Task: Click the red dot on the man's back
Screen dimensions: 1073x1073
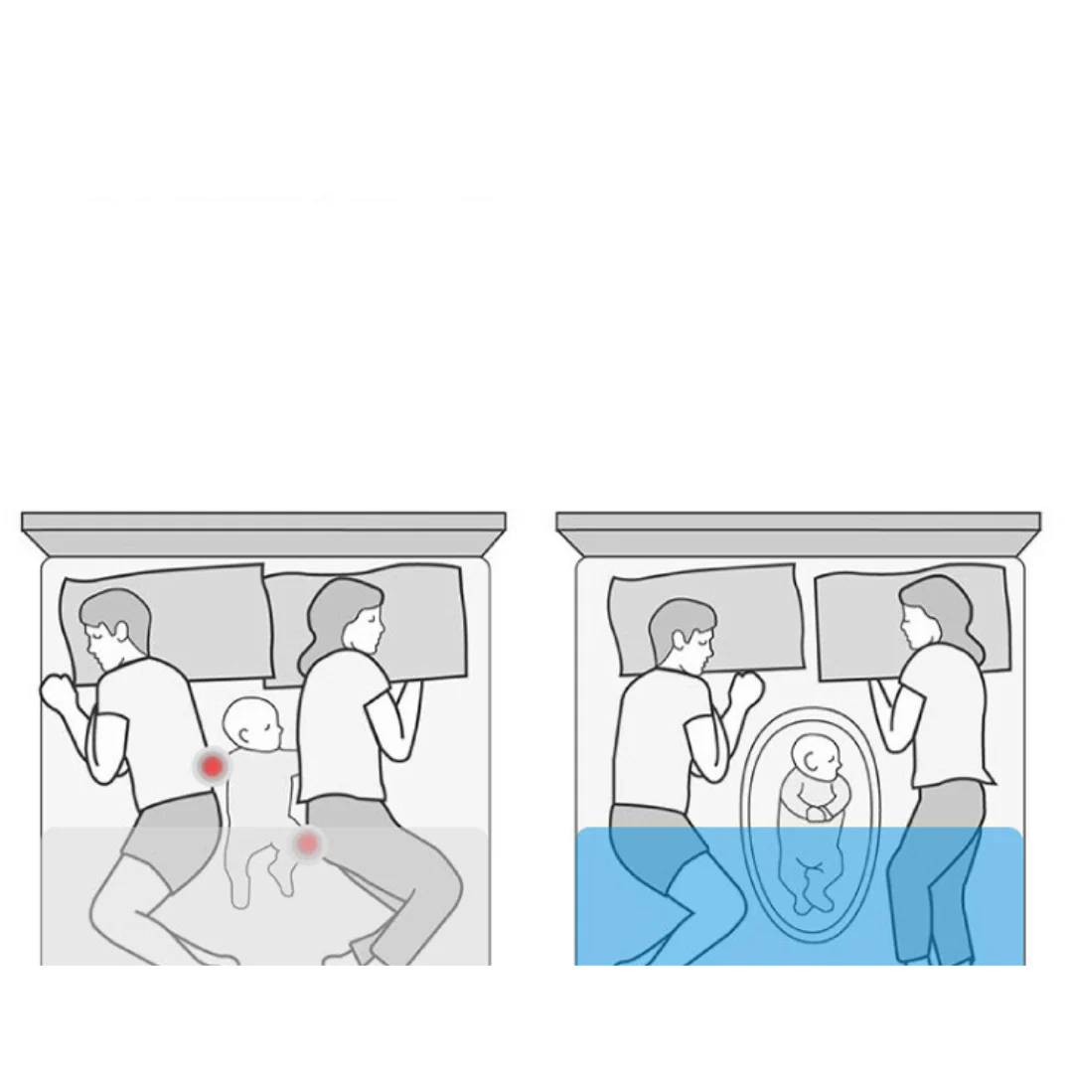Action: pos(212,766)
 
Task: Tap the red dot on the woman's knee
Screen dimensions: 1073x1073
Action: pos(308,843)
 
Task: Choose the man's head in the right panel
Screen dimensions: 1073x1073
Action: pos(684,635)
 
